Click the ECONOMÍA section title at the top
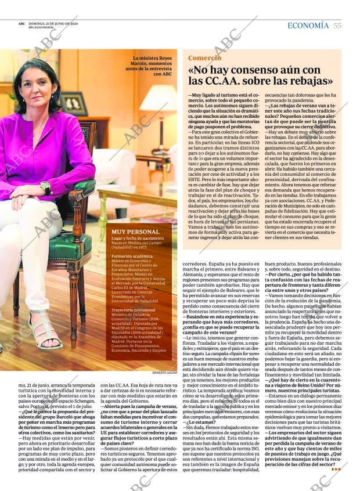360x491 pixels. [x=308, y=26]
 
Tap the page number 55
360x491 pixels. [x=337, y=26]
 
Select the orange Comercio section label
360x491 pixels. [x=204, y=58]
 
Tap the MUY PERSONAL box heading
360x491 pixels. [x=136, y=232]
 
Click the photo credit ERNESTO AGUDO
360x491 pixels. [x=165, y=372]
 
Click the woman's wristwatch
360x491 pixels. [x=45, y=187]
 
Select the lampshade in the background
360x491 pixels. [x=159, y=102]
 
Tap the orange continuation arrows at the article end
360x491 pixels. [x=336, y=469]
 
